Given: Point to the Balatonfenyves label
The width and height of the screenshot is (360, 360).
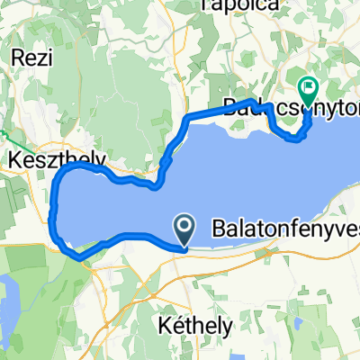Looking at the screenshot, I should [x=284, y=229].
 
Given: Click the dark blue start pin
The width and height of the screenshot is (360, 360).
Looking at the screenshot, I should [x=184, y=229].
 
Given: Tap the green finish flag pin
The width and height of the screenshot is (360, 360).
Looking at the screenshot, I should [x=308, y=88].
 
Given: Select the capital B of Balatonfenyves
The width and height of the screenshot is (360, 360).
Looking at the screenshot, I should [x=220, y=229].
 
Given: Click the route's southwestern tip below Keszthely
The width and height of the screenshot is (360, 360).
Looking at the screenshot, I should [x=79, y=257].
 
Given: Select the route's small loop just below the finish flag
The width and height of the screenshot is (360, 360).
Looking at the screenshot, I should [x=293, y=136].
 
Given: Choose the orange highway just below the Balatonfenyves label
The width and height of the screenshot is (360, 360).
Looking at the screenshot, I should [x=270, y=247].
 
